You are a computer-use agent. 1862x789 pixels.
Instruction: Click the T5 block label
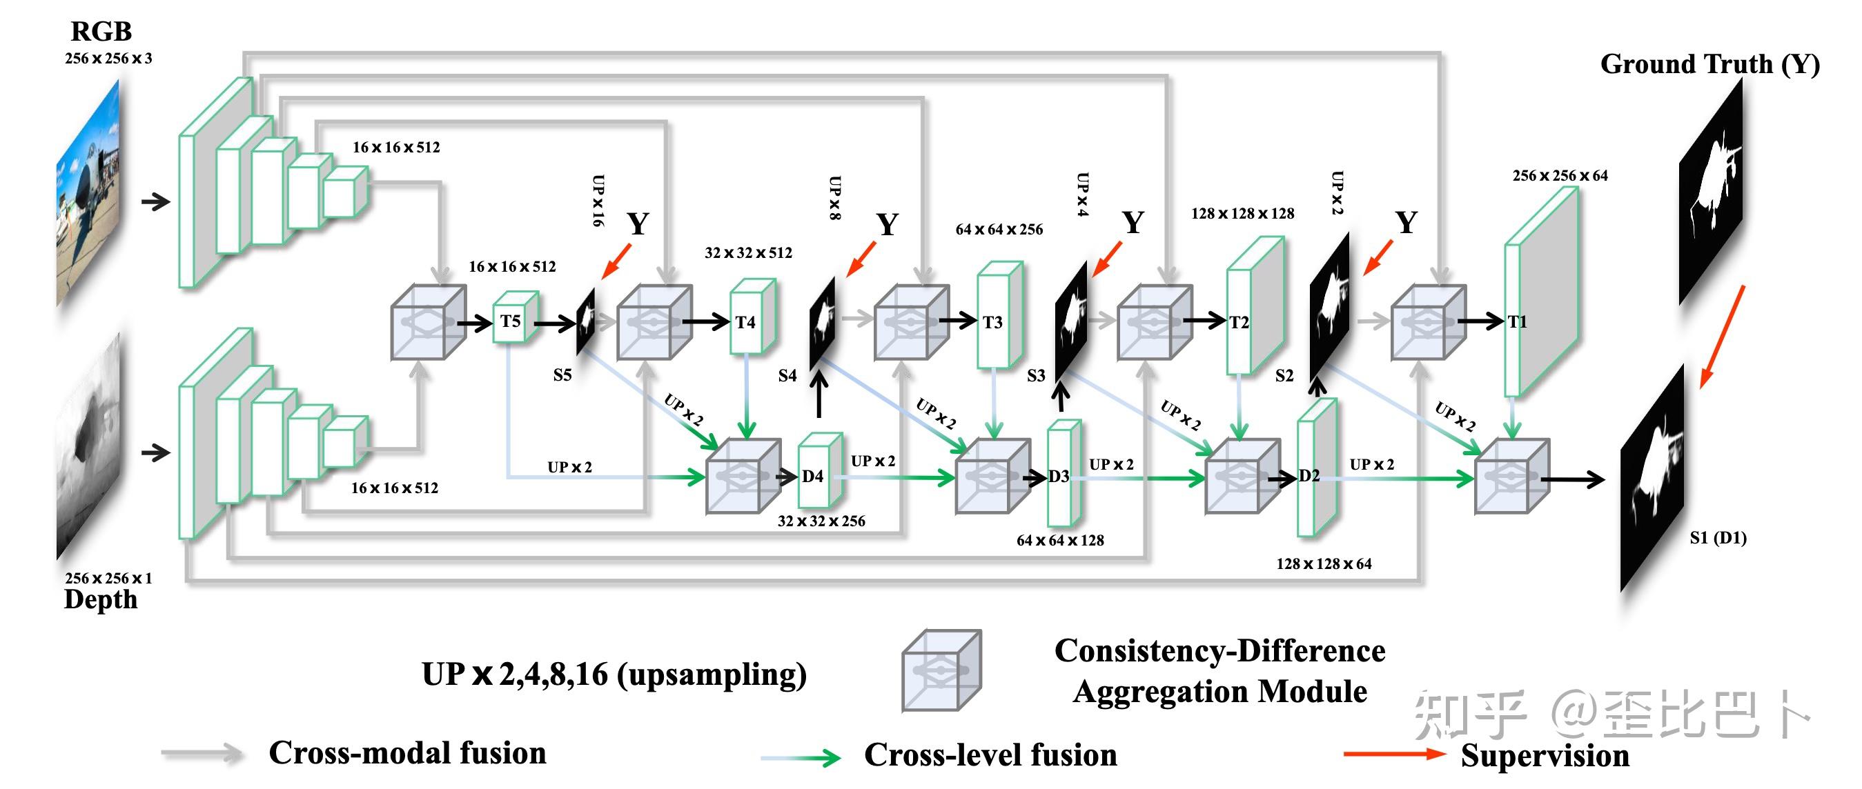[510, 321]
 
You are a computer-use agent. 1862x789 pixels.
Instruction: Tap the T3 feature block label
[992, 322]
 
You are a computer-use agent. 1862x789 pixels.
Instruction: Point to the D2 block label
[1309, 475]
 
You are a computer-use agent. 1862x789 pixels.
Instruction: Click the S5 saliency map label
[562, 375]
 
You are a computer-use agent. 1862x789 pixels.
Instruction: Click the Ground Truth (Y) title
[1709, 64]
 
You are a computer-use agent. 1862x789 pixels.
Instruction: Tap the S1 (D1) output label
[1718, 537]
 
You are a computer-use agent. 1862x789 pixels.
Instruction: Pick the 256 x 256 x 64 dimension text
[1560, 176]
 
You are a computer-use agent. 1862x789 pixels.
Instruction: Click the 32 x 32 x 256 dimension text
[821, 521]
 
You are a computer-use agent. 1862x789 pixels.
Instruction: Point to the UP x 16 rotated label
[598, 201]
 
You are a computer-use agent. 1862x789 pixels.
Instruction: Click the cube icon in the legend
[941, 670]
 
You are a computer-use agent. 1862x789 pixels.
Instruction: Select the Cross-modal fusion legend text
[407, 753]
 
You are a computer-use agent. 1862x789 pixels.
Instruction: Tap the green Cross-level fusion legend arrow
[800, 757]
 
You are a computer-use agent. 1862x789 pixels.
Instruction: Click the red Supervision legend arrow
[1394, 754]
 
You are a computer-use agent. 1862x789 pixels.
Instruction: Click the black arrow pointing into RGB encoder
[155, 201]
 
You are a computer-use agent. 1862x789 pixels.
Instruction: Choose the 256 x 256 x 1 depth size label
[108, 578]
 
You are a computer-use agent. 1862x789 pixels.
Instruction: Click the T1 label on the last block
[1517, 321]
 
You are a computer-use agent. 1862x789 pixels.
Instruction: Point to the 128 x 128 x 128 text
[1242, 214]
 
